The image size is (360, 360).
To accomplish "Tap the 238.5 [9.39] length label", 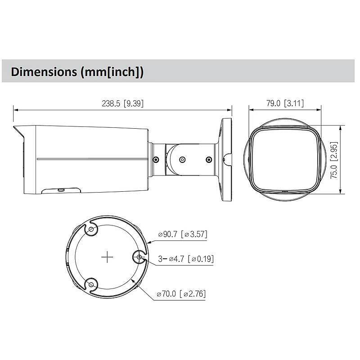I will click(122, 103).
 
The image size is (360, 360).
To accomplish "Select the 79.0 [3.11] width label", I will click(285, 103).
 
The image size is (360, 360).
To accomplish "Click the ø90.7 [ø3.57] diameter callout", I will click(182, 234).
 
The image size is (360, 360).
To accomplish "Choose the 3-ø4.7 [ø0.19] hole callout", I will click(186, 259).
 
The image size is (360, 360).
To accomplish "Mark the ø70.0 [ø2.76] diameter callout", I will click(181, 294).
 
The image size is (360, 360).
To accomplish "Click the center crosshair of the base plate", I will click(107, 257).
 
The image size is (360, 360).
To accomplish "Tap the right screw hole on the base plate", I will click(139, 257).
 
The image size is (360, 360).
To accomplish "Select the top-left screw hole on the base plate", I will click(91, 230).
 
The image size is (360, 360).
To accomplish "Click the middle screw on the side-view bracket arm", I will click(182, 159).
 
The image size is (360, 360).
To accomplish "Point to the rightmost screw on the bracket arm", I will click(208, 159).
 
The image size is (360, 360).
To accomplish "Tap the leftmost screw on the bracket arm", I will click(156, 159).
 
